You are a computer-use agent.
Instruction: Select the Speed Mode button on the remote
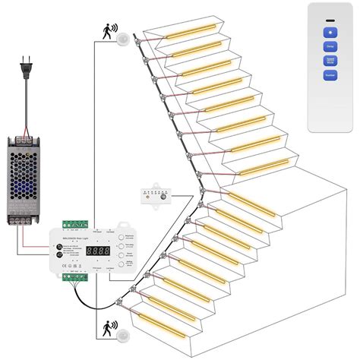[x=330, y=60]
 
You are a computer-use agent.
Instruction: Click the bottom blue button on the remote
[x=330, y=74]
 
